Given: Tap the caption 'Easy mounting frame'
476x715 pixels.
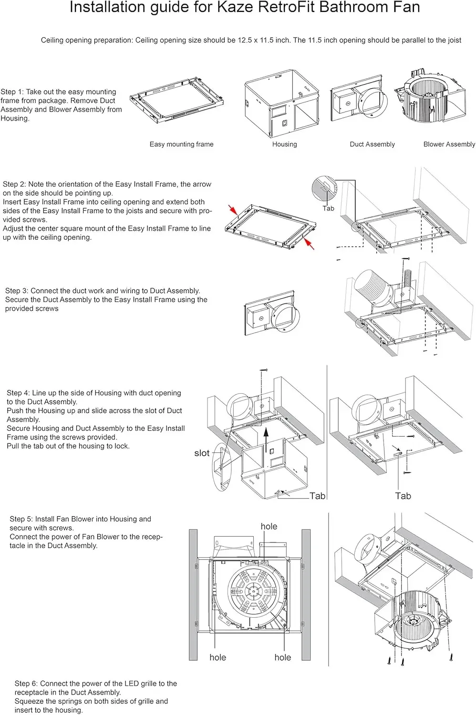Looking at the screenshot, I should (x=181, y=144).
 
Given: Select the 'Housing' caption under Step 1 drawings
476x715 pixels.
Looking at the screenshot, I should (x=284, y=144).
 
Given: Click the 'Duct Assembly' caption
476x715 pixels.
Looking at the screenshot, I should (x=372, y=144).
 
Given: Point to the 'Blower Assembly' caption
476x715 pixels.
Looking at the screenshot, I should (x=449, y=144).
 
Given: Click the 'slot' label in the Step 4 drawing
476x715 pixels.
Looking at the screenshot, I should (x=202, y=453).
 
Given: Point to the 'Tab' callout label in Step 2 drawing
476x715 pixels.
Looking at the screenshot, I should (x=328, y=208).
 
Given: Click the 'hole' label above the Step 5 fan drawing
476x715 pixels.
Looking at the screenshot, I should (x=269, y=526).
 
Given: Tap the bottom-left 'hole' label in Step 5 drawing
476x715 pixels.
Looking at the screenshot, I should (x=217, y=657).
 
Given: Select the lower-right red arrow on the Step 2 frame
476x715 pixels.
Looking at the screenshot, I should (x=309, y=244).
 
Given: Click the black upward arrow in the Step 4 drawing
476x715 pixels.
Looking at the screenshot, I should (x=267, y=436).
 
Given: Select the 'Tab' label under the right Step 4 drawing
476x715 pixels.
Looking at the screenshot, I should (x=403, y=496).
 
